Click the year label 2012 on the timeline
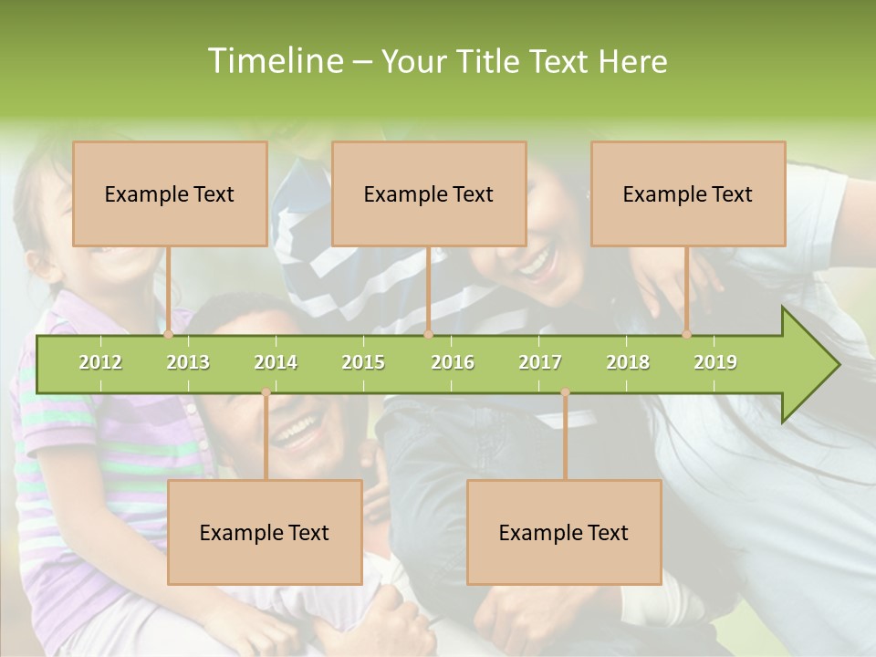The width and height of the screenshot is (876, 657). [x=100, y=362]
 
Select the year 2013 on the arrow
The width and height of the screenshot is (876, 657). [x=188, y=362]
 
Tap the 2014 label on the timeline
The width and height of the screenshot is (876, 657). [x=276, y=362]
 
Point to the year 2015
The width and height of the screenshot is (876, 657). [x=363, y=362]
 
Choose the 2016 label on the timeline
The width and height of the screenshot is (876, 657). [x=453, y=362]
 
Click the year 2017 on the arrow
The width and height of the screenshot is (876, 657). [x=540, y=362]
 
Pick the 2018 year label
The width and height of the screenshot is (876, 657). [x=628, y=362]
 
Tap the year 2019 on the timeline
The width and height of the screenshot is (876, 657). [x=715, y=362]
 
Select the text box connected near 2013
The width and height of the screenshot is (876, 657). [x=170, y=193]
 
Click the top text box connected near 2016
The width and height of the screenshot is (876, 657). [x=429, y=193]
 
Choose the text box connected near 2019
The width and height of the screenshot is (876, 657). [x=688, y=193]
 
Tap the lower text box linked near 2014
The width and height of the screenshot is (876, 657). [x=265, y=532]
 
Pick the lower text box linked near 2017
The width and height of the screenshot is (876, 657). [x=564, y=532]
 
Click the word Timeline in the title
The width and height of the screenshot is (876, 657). [x=274, y=61]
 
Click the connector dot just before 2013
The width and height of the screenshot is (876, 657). [x=169, y=335]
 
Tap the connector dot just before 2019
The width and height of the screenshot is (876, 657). [x=687, y=335]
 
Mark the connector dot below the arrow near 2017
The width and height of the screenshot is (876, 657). [x=565, y=392]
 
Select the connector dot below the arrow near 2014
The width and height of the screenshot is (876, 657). [x=266, y=392]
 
